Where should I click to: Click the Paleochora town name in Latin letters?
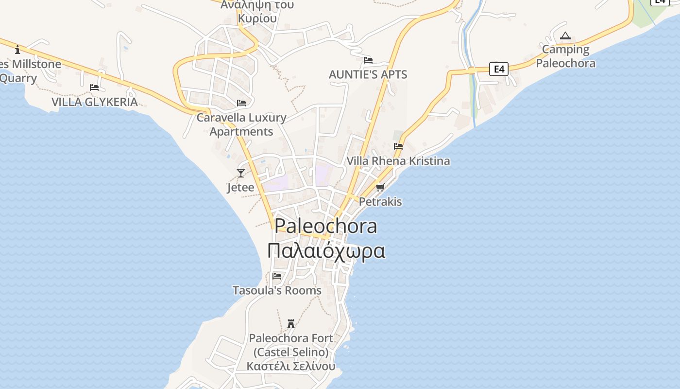325,226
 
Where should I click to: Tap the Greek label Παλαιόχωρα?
326,251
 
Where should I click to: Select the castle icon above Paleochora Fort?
291,323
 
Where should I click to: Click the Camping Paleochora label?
565,56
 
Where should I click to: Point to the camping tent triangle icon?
565,36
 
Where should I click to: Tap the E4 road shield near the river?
499,69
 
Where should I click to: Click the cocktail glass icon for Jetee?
240,173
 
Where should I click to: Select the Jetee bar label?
240,187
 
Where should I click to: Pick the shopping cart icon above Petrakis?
380,187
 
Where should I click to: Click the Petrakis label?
380,201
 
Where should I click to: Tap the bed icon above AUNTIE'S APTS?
368,60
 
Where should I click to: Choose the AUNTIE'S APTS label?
368,74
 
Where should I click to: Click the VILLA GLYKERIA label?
94,102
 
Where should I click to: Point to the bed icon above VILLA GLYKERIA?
94,88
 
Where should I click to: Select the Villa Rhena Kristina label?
398,161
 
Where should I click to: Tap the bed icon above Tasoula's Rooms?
277,276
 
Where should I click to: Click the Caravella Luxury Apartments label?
241,124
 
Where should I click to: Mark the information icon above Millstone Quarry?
17,50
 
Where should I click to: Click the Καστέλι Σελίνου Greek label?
291,366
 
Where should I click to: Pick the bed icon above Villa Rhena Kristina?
398,146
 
